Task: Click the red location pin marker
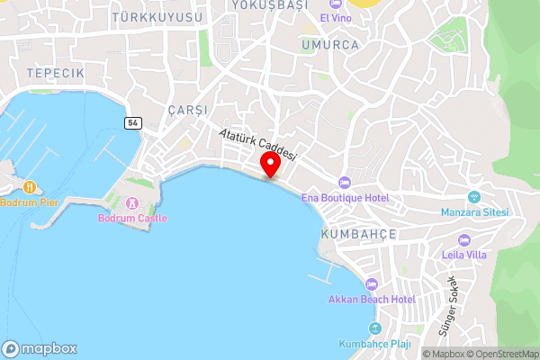(x=269, y=166)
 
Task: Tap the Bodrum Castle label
(x=126, y=218)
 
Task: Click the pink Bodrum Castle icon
(x=133, y=202)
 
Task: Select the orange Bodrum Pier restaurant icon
(x=30, y=186)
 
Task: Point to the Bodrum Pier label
(x=30, y=202)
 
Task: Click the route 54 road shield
(x=131, y=123)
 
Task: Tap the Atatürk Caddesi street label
(x=257, y=145)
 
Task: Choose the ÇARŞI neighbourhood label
(x=187, y=110)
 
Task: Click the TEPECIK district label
(x=55, y=72)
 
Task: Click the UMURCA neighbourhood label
(x=331, y=44)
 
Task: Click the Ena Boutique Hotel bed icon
(x=344, y=183)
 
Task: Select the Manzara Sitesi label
(x=474, y=212)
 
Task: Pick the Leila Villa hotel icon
(x=464, y=240)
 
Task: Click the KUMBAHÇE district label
(x=358, y=233)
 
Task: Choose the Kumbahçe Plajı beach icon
(x=376, y=328)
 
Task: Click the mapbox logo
(x=40, y=348)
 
